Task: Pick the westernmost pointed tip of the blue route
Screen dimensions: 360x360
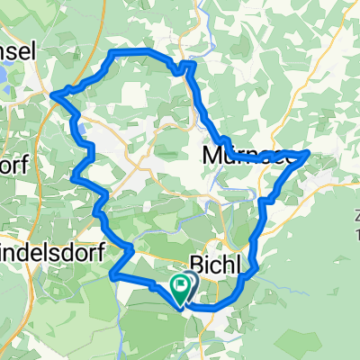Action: click(54, 94)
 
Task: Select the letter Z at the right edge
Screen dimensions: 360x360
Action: click(356, 217)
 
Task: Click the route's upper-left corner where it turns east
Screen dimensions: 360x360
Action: click(111, 55)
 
